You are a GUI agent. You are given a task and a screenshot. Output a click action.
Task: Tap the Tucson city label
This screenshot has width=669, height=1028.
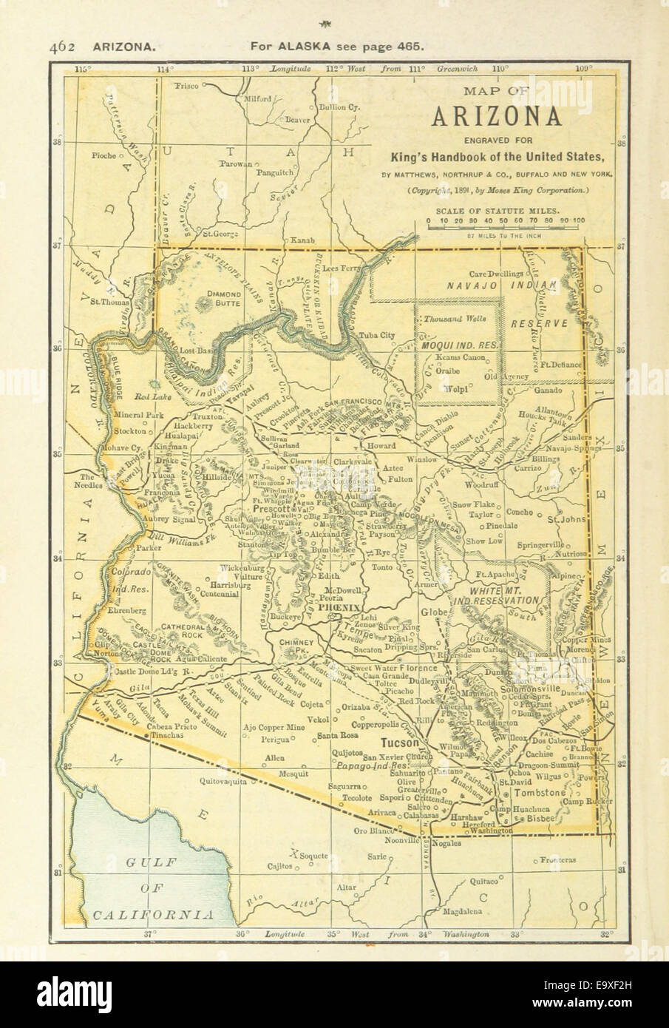(x=400, y=743)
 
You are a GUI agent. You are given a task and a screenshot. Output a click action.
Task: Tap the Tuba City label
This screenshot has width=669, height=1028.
(x=378, y=334)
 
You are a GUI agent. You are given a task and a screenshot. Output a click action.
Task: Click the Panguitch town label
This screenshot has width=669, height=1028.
(x=275, y=173)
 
